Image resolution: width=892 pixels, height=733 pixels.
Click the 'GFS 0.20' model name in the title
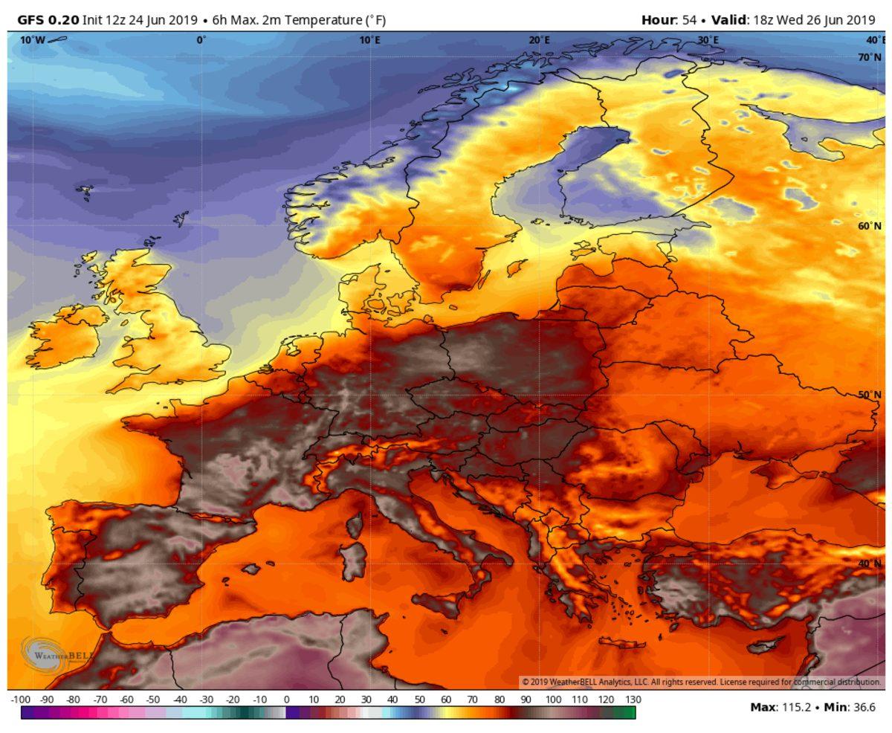click(48, 20)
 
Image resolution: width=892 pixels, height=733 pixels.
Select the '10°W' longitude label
click(32, 40)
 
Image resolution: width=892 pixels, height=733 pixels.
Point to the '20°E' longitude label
click(540, 40)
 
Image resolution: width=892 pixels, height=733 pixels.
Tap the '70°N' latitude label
click(869, 57)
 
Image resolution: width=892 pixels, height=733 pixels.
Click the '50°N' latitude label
click(869, 395)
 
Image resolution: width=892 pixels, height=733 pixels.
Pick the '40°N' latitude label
click(869, 564)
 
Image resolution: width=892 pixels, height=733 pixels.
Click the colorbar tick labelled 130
click(633, 700)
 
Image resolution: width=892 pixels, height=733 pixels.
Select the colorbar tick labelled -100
click(21, 700)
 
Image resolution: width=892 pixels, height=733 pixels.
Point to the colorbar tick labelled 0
click(286, 700)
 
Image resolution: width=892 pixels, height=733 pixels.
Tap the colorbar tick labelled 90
click(526, 700)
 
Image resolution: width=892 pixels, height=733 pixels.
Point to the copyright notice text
click(701, 682)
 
